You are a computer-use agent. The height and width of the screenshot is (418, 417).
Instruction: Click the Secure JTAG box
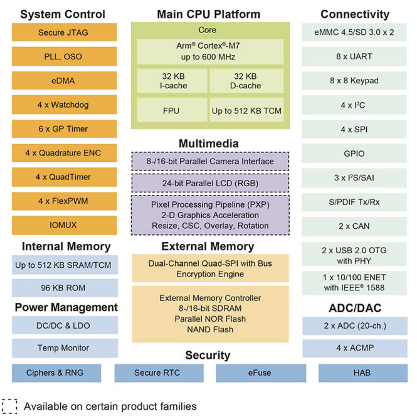point(64,32)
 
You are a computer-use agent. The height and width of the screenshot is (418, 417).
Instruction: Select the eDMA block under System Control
point(64,81)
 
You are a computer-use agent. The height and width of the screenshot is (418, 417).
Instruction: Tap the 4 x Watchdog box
point(64,104)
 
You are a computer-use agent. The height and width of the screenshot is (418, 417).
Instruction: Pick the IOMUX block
point(64,225)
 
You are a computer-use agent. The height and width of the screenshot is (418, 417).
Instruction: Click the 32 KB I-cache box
point(172,81)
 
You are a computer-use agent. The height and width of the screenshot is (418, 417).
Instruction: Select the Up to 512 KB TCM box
point(247,110)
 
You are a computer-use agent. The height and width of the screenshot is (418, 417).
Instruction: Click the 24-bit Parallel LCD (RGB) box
point(210,183)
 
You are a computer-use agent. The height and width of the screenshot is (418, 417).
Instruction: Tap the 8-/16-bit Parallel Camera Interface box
point(210,161)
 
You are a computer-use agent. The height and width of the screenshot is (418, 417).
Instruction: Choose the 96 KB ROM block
point(65,288)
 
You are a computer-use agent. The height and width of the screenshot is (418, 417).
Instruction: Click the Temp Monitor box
point(65,348)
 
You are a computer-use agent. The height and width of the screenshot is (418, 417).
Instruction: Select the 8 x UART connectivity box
point(354,56)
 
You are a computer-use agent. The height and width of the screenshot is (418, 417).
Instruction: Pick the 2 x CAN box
point(354,226)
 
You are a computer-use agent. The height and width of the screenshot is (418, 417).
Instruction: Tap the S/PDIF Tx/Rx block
point(354,202)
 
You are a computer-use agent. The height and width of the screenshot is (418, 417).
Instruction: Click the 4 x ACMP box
point(355,348)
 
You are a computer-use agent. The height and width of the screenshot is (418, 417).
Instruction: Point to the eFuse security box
point(261,373)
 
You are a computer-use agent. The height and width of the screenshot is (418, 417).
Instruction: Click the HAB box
point(363,373)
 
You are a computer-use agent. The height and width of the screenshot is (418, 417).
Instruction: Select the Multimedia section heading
point(208,143)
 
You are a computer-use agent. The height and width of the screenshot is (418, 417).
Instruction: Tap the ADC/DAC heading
point(355,308)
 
